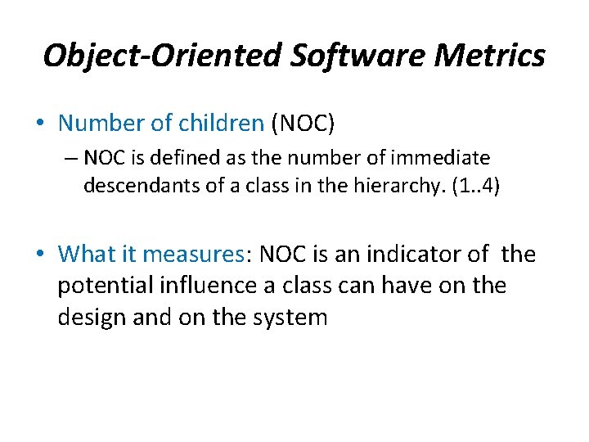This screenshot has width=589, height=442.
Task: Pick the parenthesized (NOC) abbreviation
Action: tap(304, 123)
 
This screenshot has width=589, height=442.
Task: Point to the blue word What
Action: tap(87, 255)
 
